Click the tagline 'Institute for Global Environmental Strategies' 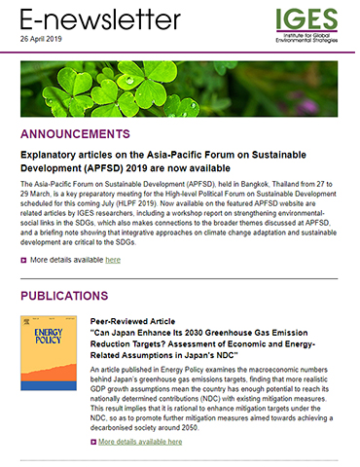pos(310,38)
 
